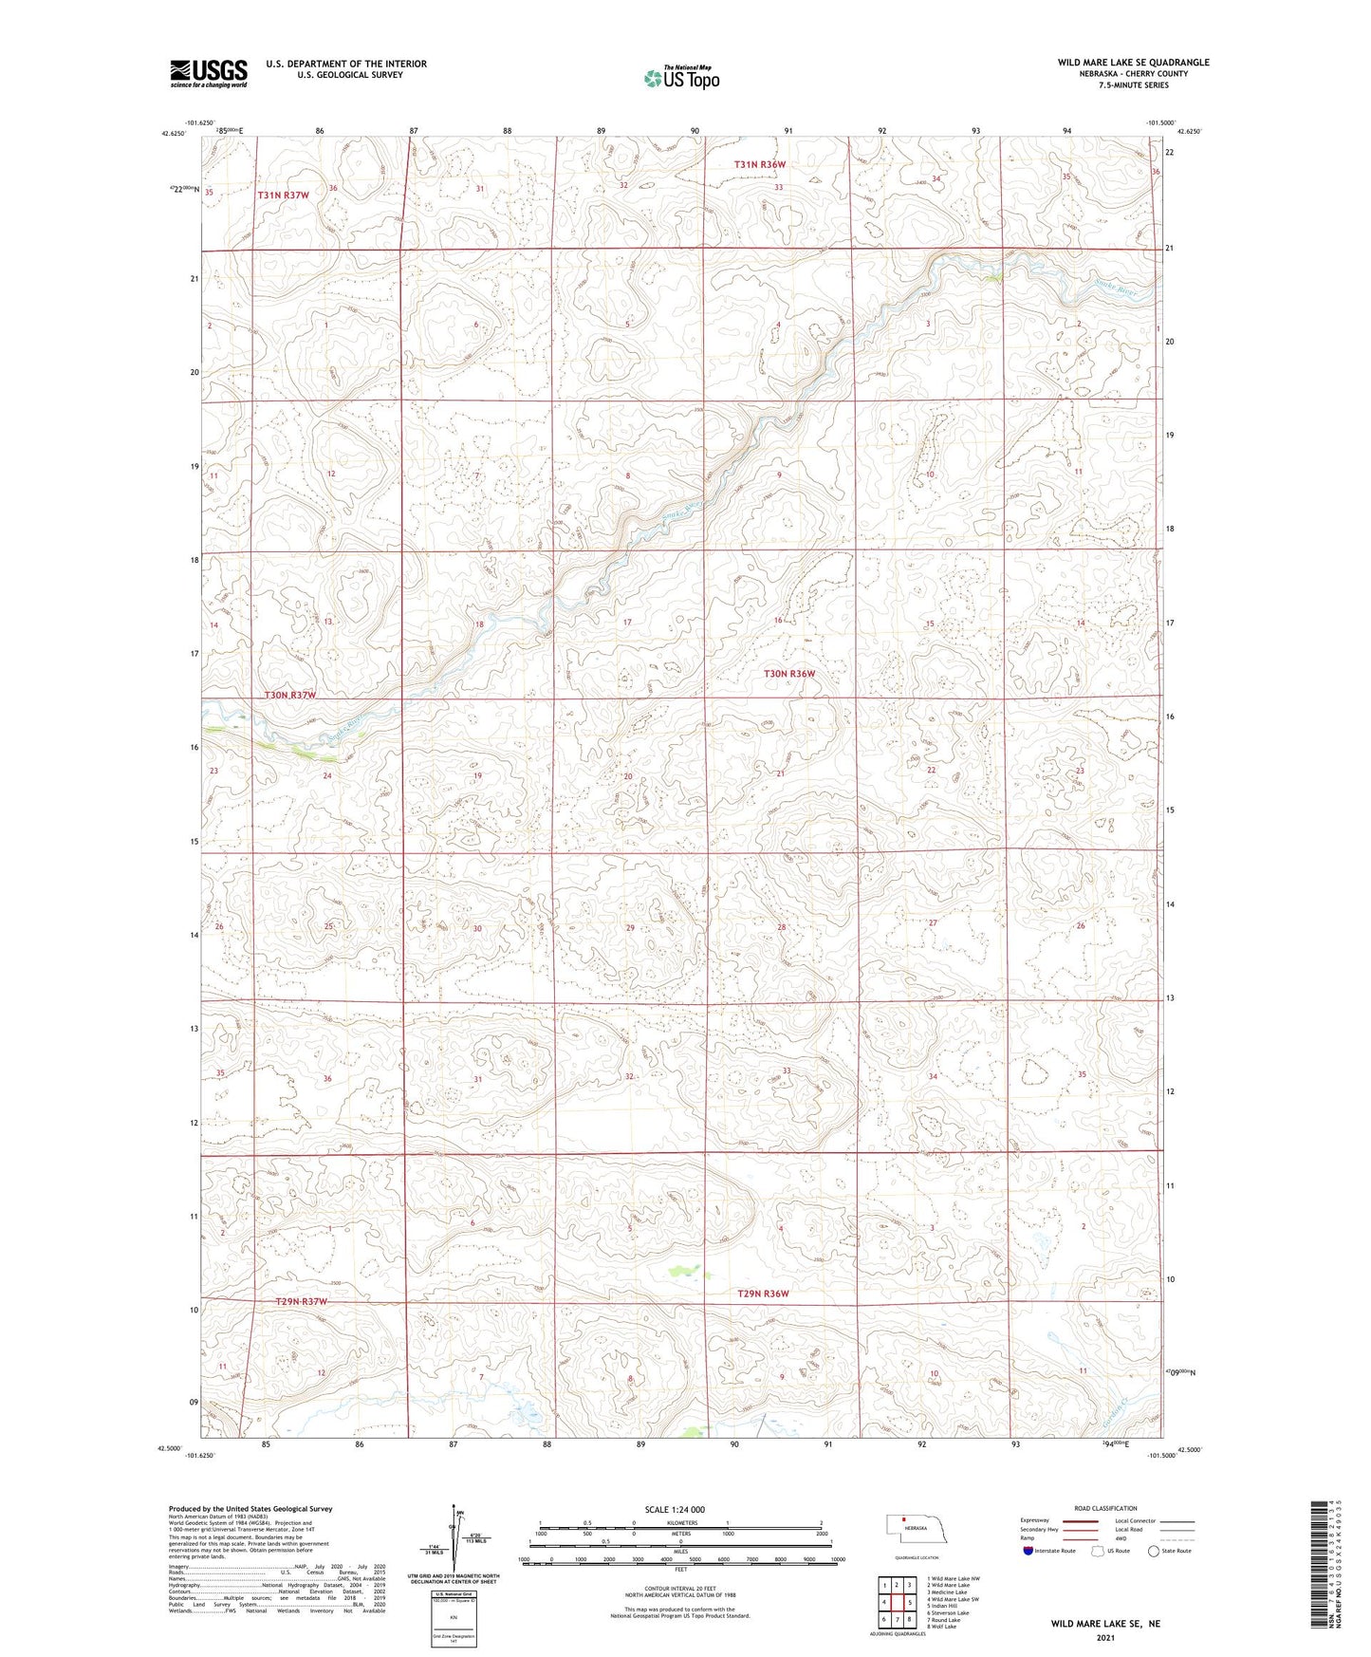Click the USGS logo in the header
click(x=208, y=73)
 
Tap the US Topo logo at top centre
click(x=680, y=78)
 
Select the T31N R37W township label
click(x=283, y=195)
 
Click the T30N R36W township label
click(x=789, y=674)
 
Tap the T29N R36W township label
click(x=763, y=1294)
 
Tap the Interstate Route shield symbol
click(x=1030, y=1552)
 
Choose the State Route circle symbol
click(x=1154, y=1552)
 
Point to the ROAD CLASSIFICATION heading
click(x=1104, y=1508)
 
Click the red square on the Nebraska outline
click(x=903, y=1518)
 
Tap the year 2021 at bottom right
click(x=1105, y=1638)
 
